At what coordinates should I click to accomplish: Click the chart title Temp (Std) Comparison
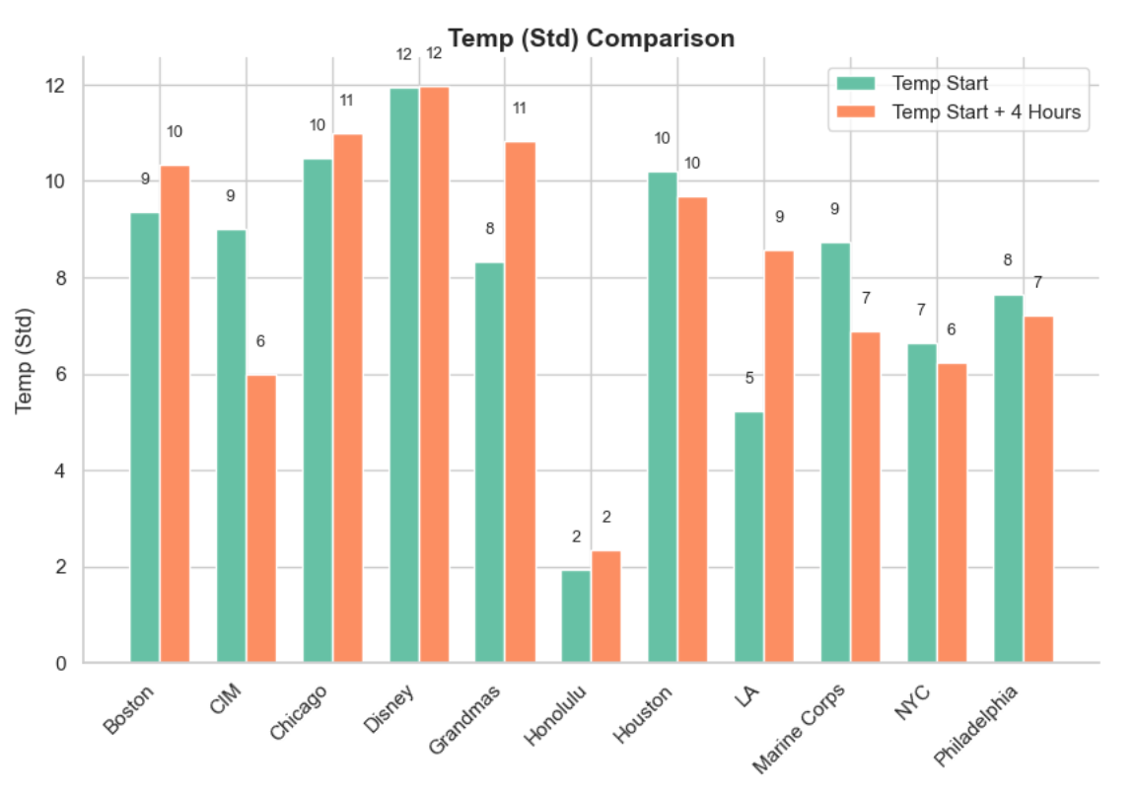click(x=591, y=37)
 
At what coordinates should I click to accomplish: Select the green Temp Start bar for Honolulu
click(x=577, y=616)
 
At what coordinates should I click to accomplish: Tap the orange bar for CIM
click(x=261, y=519)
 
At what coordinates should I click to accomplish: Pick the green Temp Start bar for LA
click(x=749, y=538)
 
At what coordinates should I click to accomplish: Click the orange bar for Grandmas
click(x=521, y=402)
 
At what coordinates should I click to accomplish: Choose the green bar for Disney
click(x=404, y=376)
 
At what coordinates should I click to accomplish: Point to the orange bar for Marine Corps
click(x=866, y=497)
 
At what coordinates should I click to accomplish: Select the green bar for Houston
click(x=663, y=417)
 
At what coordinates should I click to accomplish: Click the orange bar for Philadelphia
click(x=1038, y=489)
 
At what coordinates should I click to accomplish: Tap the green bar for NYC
click(x=922, y=503)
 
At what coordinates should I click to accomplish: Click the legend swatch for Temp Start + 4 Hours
click(x=856, y=111)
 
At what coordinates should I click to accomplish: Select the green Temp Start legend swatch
click(x=856, y=83)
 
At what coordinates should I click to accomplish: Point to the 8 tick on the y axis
click(x=61, y=278)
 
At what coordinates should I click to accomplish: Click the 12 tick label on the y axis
click(x=55, y=86)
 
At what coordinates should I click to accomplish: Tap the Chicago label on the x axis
click(x=298, y=712)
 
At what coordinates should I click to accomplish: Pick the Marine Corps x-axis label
click(x=799, y=729)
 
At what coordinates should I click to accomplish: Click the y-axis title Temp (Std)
click(x=24, y=360)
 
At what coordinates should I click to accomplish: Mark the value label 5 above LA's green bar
click(x=749, y=378)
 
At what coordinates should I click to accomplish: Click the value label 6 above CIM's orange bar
click(x=260, y=340)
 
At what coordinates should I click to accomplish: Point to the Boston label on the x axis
click(x=129, y=709)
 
